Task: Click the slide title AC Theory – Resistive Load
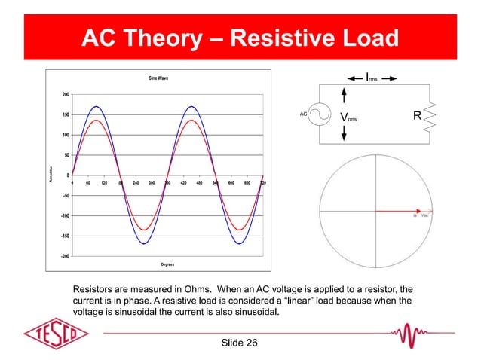click(x=240, y=38)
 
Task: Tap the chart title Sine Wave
click(x=158, y=78)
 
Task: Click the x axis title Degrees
click(x=167, y=264)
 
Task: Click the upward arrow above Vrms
click(x=345, y=96)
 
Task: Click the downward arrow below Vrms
click(x=345, y=133)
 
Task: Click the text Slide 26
click(x=240, y=343)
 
